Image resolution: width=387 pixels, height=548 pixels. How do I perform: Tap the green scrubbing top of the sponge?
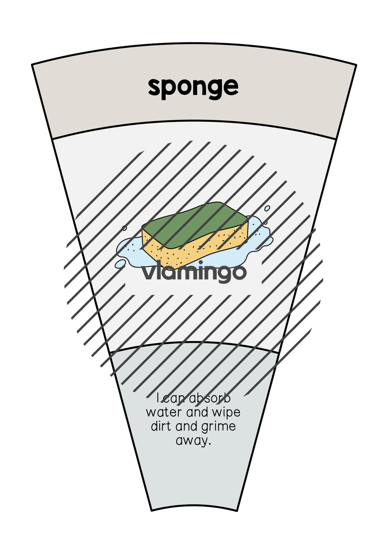click(x=195, y=225)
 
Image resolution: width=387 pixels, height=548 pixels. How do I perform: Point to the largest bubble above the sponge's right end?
click(x=267, y=208)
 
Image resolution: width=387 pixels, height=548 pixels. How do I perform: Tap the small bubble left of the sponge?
click(x=124, y=228)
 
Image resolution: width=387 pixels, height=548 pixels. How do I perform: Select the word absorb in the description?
click(x=210, y=398)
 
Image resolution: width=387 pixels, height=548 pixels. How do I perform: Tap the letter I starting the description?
click(x=157, y=398)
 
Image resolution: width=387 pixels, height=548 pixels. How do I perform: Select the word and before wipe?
click(x=197, y=412)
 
